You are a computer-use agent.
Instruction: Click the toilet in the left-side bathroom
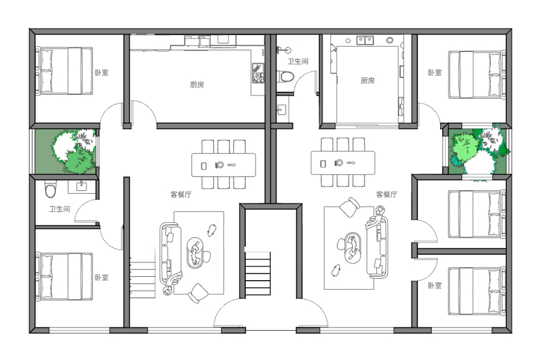(50, 188)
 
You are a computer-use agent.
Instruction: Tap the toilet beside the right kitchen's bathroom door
(285, 76)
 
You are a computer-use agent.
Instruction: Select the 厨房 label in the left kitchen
(197, 84)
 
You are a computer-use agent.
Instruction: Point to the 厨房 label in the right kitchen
(367, 81)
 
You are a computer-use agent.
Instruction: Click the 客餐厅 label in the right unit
(387, 194)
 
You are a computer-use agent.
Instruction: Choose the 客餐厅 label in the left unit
(181, 194)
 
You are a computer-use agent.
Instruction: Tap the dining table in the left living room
(224, 165)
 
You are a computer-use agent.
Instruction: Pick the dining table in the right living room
(343, 162)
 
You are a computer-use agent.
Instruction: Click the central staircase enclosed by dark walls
(257, 274)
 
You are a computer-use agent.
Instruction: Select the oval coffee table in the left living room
(195, 253)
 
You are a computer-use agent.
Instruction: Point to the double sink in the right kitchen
(365, 40)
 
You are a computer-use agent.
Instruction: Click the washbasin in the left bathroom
(81, 186)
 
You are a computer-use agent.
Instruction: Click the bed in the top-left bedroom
(64, 71)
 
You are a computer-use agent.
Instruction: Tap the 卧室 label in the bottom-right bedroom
(435, 285)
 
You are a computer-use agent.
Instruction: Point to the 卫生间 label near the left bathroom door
(59, 209)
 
